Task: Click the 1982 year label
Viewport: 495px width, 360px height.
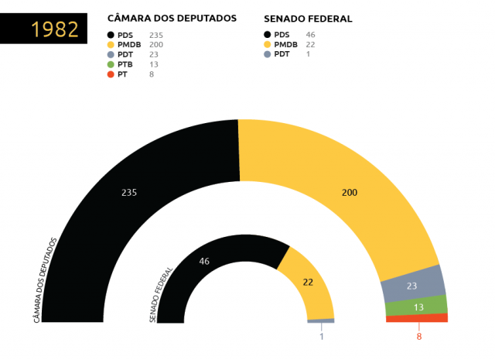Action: [54, 29]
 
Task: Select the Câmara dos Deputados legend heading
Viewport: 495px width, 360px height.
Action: [172, 18]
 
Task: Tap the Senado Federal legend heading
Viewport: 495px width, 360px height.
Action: [308, 18]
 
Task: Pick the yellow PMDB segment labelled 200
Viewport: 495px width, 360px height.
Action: [348, 194]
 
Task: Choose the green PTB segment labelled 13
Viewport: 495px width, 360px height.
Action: [417, 307]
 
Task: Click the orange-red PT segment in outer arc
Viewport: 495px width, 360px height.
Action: [417, 318]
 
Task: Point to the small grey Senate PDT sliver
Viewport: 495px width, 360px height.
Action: [321, 321]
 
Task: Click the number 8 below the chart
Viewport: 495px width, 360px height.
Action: [419, 336]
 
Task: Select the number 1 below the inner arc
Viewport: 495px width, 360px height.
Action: [321, 337]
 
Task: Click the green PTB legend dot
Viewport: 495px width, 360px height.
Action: [111, 64]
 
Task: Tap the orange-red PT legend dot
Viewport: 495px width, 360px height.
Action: [111, 74]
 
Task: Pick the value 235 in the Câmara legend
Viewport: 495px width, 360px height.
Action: [155, 35]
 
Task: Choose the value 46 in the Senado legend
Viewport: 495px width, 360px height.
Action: [310, 35]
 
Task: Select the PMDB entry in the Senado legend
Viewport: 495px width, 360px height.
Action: [285, 45]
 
